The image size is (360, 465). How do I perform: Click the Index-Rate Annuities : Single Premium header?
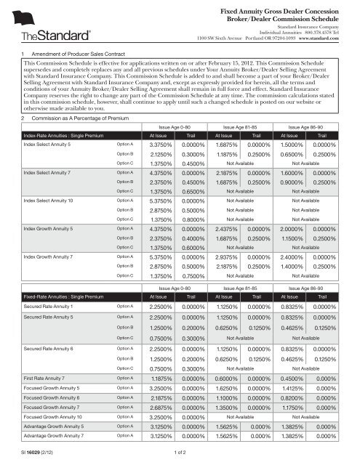pyautogui.click(x=55, y=134)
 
